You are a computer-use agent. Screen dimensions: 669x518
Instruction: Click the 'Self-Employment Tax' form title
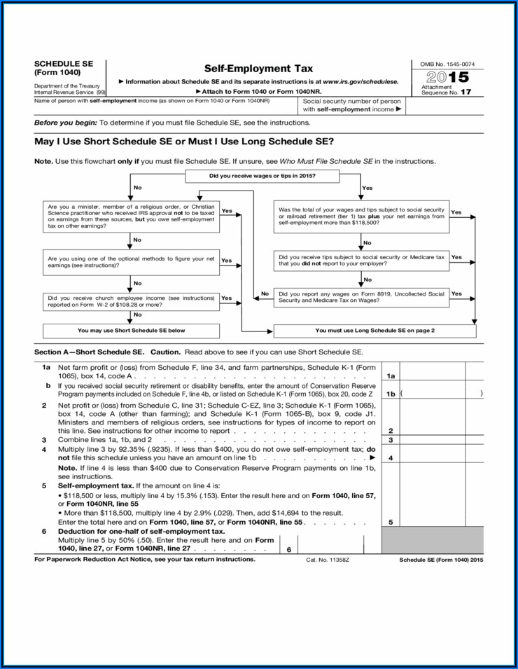click(258, 69)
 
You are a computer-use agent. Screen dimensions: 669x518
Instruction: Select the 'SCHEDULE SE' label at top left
click(63, 64)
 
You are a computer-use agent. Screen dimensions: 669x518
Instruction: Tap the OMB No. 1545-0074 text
click(447, 64)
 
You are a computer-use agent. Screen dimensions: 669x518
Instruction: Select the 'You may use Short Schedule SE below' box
click(131, 330)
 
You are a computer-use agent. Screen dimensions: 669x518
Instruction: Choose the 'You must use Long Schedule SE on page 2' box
click(374, 330)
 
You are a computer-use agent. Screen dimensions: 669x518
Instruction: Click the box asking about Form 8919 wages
click(361, 297)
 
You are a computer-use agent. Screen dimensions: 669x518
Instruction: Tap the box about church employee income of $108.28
click(131, 301)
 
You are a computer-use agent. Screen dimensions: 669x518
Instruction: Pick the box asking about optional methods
click(131, 261)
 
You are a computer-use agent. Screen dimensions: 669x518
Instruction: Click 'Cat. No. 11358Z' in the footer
click(328, 560)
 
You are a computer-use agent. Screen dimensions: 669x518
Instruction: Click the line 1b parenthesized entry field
click(441, 394)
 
